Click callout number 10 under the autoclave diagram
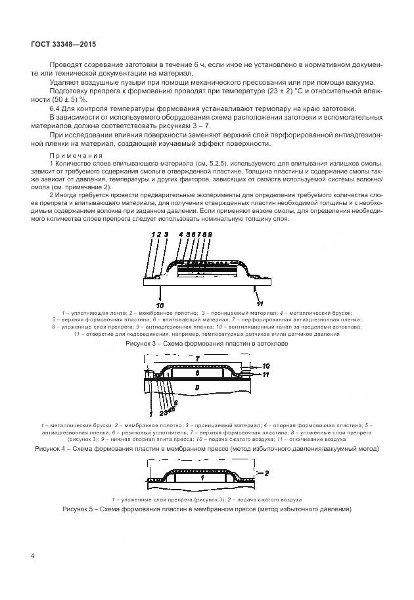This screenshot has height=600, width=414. (x=158, y=305)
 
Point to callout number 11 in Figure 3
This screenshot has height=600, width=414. (x=260, y=305)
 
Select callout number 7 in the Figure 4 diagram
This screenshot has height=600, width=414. (x=196, y=359)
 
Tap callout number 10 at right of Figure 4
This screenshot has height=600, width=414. (x=266, y=365)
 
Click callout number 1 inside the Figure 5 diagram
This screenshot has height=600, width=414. (x=202, y=479)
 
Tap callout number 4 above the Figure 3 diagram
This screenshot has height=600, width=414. (x=181, y=235)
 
